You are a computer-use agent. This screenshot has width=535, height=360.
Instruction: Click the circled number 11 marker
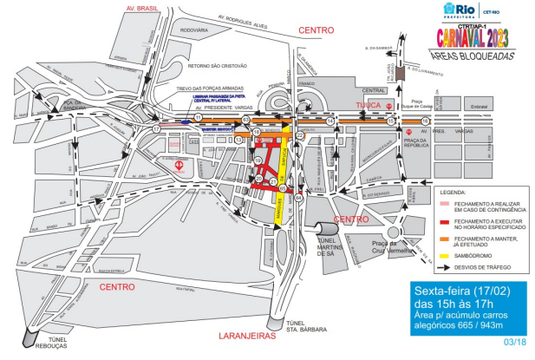point(198,117)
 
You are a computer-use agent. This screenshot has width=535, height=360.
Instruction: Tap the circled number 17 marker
point(157,128)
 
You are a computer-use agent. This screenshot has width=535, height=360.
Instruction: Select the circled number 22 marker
point(299,135)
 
